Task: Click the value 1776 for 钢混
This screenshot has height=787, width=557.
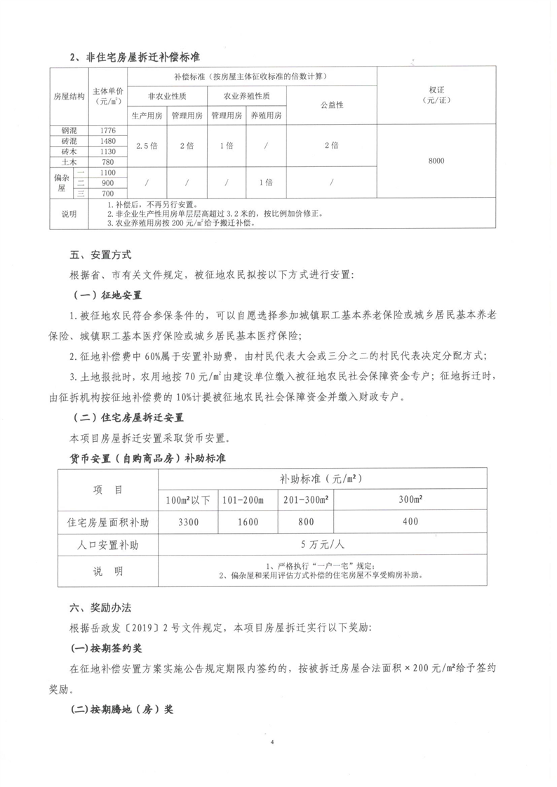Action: (x=107, y=130)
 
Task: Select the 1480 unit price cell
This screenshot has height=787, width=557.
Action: (x=107, y=140)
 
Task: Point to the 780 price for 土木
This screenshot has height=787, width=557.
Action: (x=107, y=161)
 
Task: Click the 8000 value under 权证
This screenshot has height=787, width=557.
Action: (x=436, y=161)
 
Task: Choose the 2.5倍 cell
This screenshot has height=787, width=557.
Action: (x=147, y=146)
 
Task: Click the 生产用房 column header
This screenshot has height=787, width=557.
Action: (x=147, y=116)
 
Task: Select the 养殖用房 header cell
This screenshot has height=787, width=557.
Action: (x=266, y=116)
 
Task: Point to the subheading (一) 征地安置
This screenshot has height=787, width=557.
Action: (x=108, y=293)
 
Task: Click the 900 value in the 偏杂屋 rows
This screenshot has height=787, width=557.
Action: (x=107, y=182)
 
